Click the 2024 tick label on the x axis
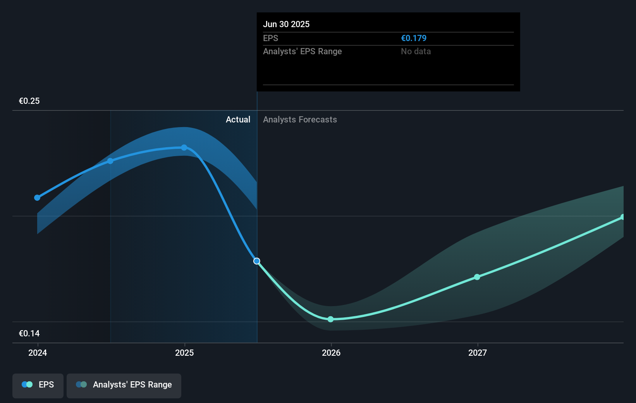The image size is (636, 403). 38,353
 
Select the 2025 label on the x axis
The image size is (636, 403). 184,353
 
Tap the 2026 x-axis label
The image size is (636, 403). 331,353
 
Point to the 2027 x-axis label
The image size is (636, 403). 478,353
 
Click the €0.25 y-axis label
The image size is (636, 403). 29,101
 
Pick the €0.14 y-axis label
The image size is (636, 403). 29,334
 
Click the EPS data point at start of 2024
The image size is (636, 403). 37,198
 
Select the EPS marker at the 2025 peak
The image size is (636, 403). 184,148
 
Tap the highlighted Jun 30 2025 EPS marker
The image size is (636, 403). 257,261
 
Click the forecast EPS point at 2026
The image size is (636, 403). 331,319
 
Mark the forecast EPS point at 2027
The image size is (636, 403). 477,277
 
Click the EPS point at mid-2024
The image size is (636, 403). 110,161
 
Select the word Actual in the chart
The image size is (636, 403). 238,120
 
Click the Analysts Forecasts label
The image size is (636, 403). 300,120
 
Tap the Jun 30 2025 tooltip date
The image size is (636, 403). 286,24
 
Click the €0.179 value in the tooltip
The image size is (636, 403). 414,38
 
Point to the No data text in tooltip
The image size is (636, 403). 416,52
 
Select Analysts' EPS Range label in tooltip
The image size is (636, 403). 303,52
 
